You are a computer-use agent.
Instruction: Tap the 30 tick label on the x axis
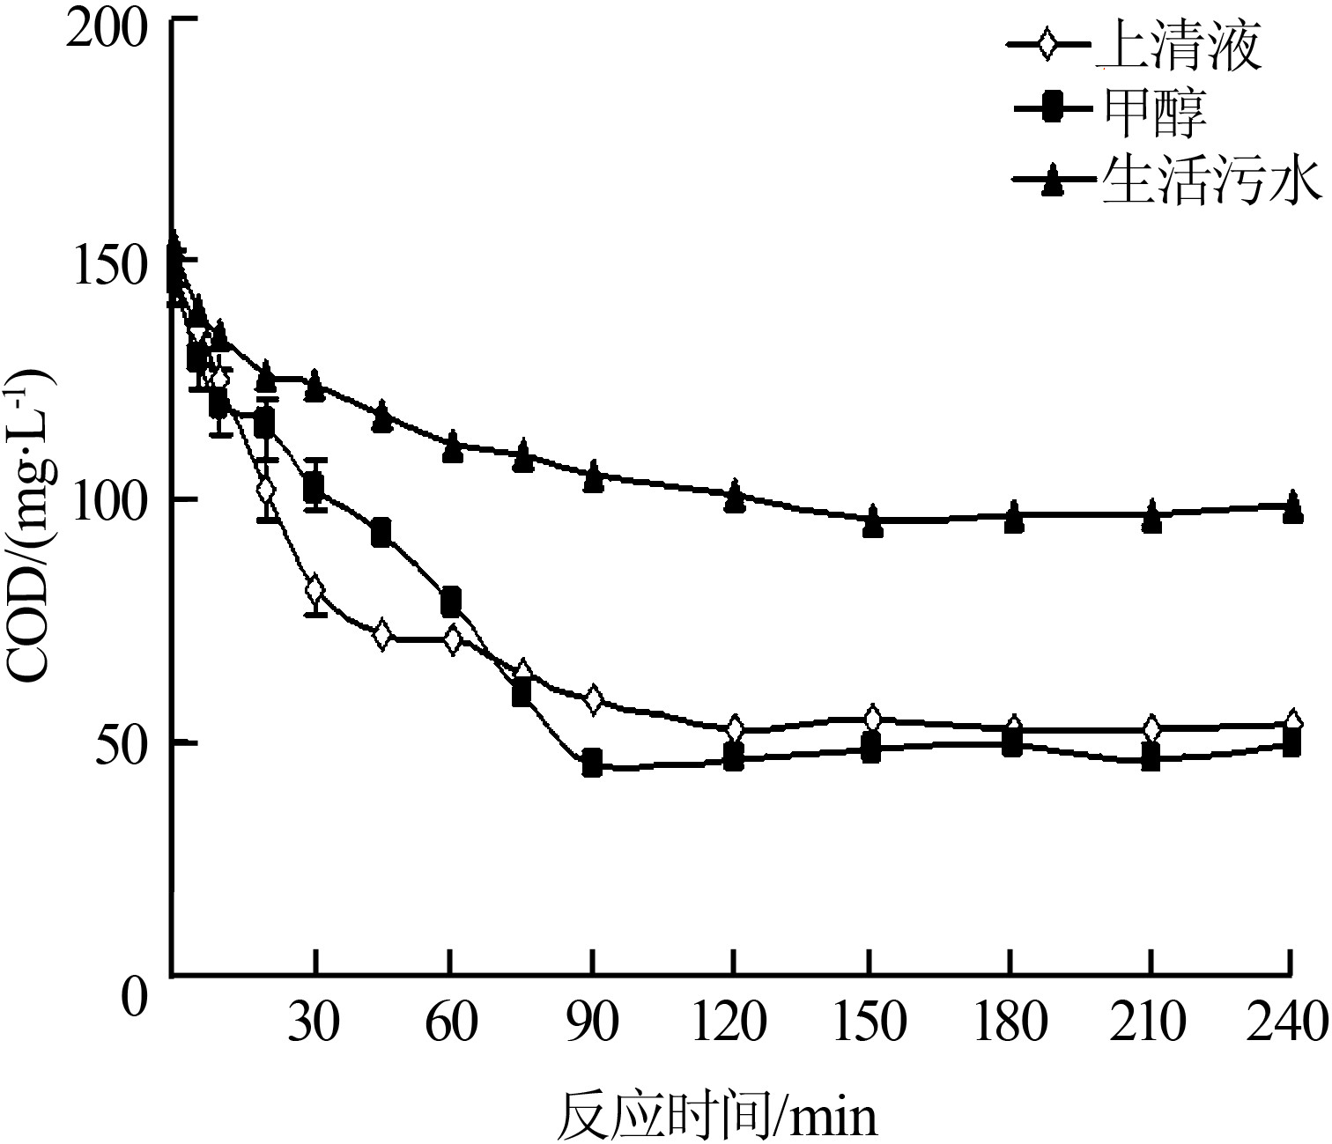point(315,1023)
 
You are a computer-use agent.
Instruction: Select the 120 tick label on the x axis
point(733,1023)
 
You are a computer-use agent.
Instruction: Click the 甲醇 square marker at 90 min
point(593,763)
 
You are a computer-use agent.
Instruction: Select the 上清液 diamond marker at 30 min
point(315,590)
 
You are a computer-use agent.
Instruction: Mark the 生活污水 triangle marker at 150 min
point(872,521)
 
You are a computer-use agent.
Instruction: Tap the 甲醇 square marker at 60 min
point(451,602)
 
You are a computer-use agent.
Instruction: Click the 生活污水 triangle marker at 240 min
point(1291,507)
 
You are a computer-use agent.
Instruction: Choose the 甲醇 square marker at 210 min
point(1151,757)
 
